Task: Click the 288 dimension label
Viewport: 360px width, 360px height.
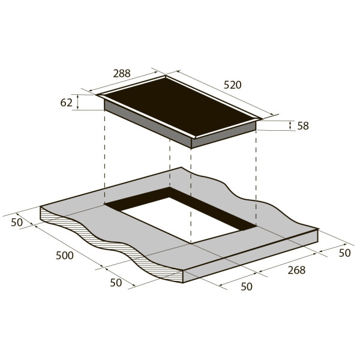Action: click(122, 73)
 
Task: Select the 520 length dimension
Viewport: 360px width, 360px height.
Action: click(233, 85)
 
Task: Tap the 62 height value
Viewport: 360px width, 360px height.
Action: click(66, 103)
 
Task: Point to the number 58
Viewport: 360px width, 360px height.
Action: click(303, 126)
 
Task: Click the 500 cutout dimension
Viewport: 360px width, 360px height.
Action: click(65, 256)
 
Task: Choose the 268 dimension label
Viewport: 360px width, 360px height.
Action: click(296, 270)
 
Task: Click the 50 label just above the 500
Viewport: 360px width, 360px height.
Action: click(17, 222)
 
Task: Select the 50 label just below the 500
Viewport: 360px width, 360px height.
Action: click(116, 283)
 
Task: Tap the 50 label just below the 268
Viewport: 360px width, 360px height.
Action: click(247, 287)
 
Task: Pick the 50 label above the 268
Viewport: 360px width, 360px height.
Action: click(344, 253)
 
